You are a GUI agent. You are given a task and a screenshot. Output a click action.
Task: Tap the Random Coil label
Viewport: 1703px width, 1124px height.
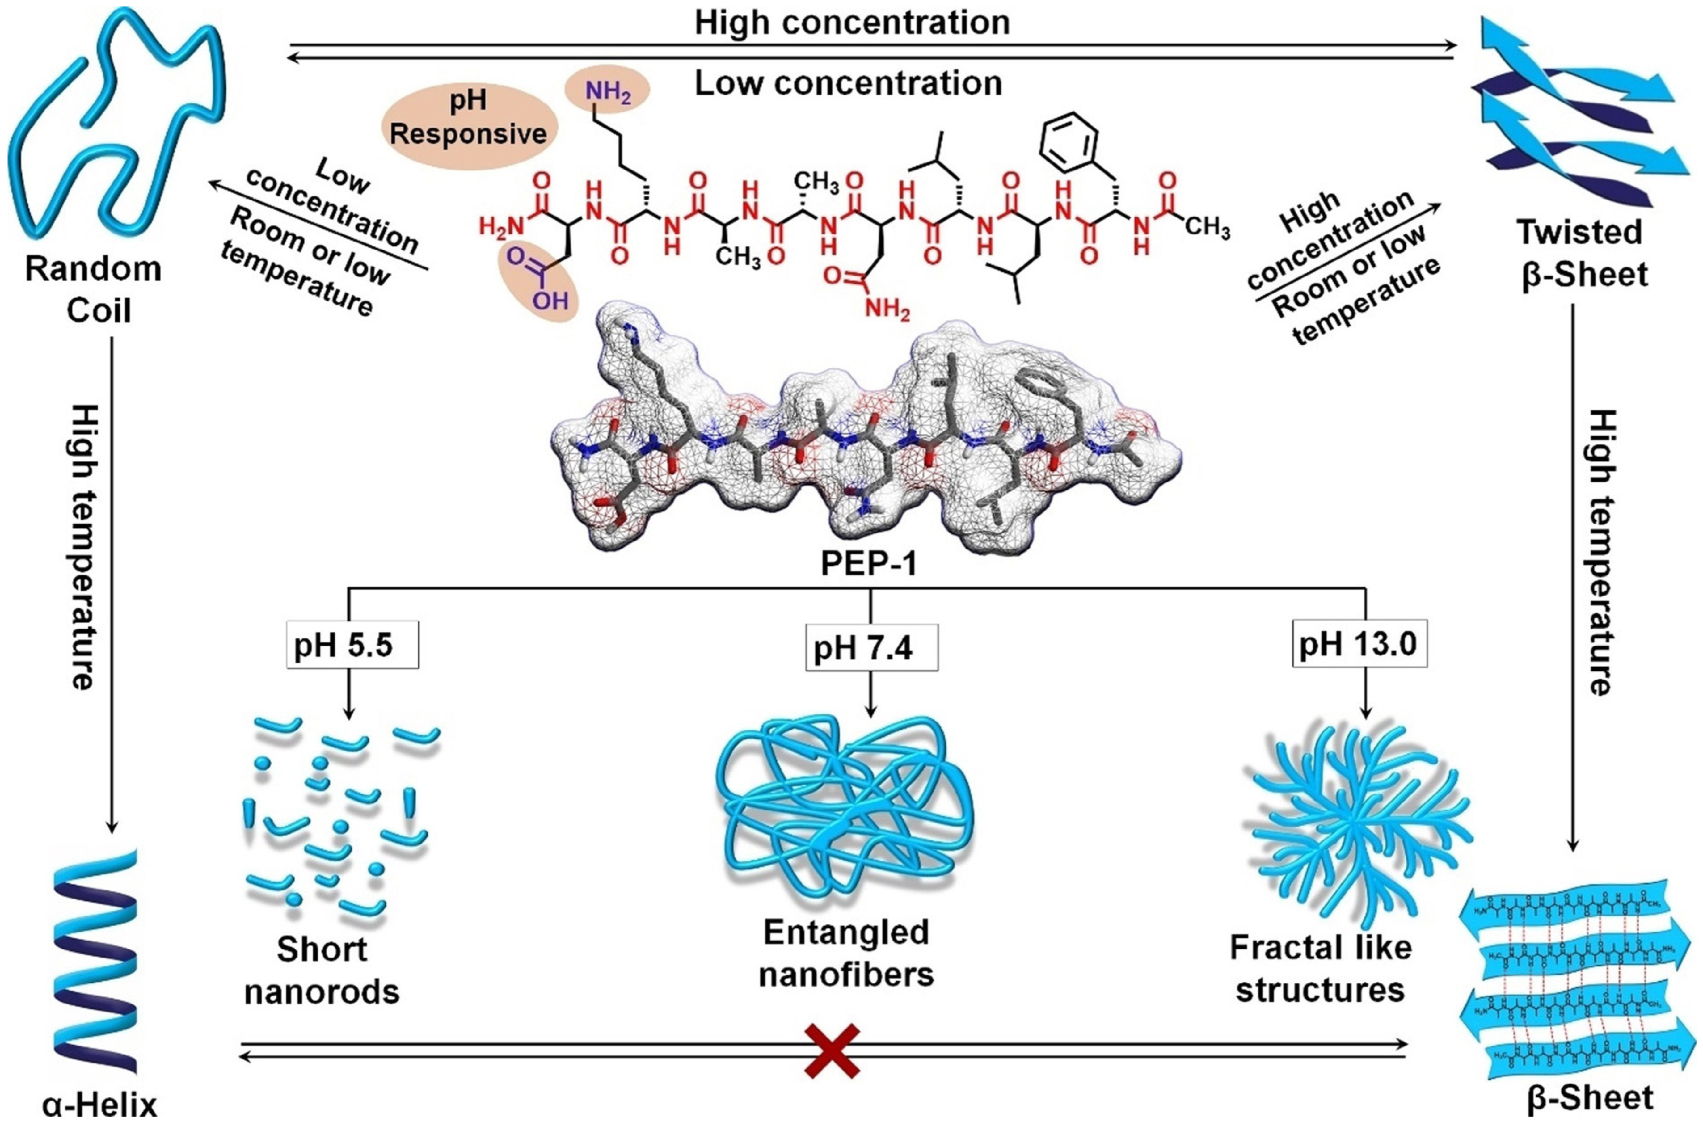click(94, 290)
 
